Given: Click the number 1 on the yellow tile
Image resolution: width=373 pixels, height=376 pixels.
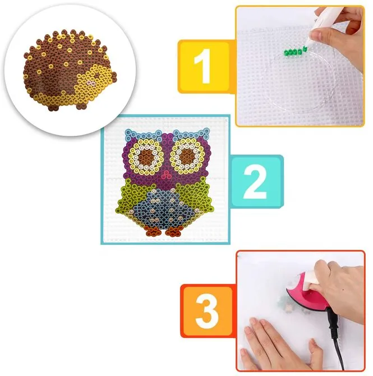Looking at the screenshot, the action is [203, 66].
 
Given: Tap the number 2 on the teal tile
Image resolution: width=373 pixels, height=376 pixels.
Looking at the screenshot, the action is [255, 181].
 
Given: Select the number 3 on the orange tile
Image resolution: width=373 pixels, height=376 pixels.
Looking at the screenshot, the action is [207, 311].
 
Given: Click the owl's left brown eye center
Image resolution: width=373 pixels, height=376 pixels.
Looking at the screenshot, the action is [146, 158].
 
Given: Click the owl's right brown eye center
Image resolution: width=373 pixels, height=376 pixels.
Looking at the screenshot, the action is [187, 157].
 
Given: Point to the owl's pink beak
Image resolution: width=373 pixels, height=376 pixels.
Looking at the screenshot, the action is [166, 175].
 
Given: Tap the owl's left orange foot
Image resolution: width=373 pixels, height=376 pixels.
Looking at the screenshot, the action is [153, 231].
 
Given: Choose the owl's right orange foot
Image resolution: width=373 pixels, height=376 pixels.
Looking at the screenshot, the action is [174, 231].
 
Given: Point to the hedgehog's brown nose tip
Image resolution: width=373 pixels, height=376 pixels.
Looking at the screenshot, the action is [114, 76].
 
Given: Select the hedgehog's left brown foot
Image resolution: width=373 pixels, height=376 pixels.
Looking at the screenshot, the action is [53, 107].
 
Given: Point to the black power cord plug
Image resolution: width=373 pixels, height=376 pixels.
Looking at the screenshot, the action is [334, 319].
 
